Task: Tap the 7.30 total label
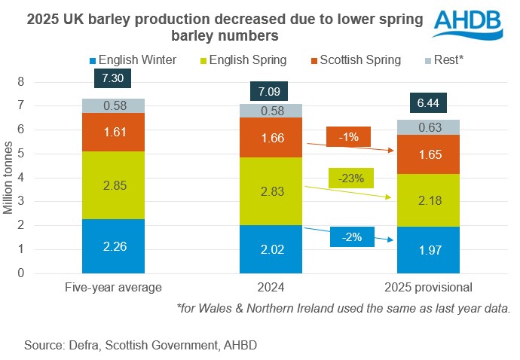[113, 78]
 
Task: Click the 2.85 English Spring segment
[113, 185]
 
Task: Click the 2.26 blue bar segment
[113, 246]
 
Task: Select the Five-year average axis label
[113, 287]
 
